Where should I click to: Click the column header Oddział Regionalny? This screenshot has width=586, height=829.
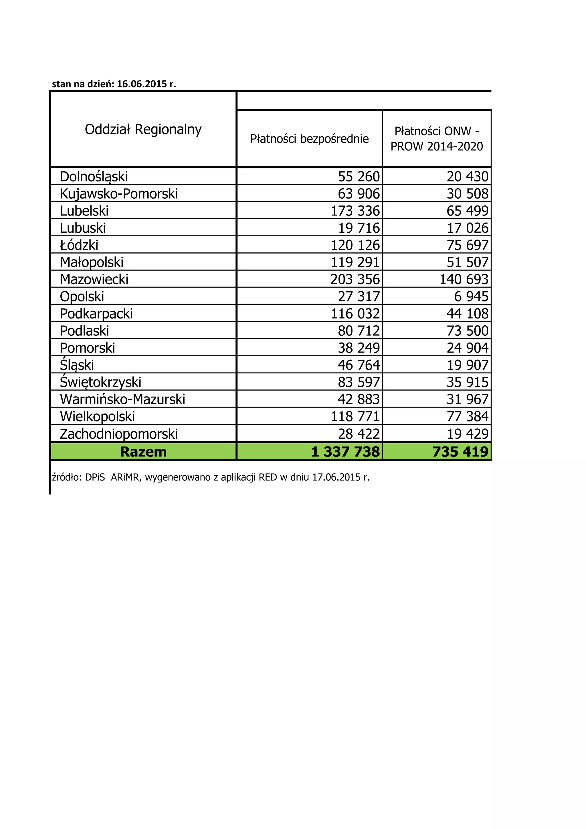click(143, 129)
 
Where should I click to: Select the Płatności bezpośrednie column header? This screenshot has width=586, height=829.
click(309, 139)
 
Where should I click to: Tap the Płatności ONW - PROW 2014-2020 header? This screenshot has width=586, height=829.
click(437, 139)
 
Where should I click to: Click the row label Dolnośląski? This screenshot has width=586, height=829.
click(94, 177)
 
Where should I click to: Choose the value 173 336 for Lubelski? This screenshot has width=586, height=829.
click(355, 211)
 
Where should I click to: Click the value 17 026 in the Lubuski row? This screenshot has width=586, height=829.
click(467, 228)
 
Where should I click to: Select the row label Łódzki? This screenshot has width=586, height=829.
click(79, 245)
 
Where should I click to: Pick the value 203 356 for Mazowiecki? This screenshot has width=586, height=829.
click(355, 280)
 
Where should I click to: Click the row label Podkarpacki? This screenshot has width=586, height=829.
click(96, 314)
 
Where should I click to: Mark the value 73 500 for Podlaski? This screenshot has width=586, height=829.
click(467, 331)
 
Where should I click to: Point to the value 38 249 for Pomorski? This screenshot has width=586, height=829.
click(359, 348)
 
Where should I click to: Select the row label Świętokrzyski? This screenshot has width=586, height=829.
click(100, 382)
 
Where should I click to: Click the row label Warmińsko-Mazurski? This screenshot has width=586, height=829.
click(122, 399)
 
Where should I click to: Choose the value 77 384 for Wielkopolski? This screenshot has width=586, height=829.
click(467, 416)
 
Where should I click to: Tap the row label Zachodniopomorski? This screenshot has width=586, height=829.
click(119, 434)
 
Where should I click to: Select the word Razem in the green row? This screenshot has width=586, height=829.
click(143, 452)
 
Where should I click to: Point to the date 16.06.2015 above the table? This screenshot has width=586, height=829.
click(142, 84)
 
